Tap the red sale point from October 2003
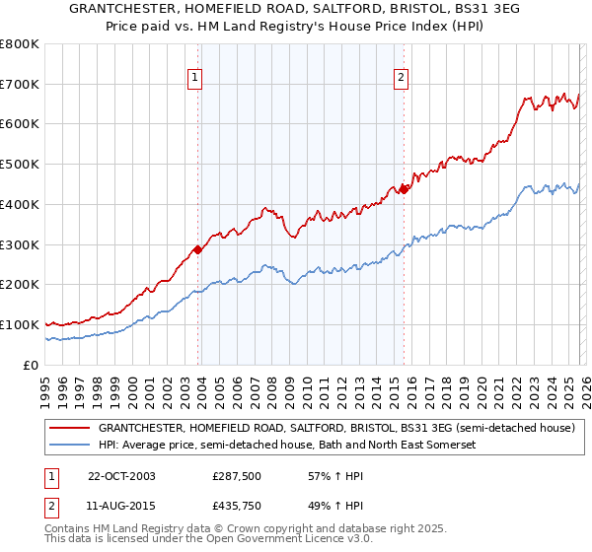coord(198,249)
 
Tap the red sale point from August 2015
coord(405,189)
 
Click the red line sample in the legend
coord(69,429)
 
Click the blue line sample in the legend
coord(69,446)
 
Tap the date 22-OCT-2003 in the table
coord(121,476)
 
